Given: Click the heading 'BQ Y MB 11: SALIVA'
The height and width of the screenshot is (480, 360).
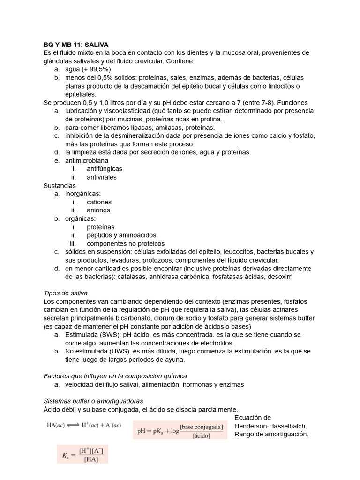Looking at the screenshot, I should point(75,45).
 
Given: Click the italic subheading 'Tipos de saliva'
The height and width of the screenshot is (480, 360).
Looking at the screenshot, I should point(65,293).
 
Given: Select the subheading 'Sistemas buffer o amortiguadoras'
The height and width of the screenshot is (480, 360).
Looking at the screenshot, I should point(93,401).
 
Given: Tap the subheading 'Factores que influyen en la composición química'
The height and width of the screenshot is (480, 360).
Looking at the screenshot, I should point(115,376).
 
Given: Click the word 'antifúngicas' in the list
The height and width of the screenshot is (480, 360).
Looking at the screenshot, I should point(105,169).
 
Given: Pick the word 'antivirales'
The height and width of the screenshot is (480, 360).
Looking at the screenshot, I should point(102,177).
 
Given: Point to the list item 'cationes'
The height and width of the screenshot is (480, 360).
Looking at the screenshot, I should point(99,202).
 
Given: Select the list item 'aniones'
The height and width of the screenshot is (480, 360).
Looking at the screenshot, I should point(98,210).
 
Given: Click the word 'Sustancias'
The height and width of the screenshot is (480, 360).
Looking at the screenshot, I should point(59,186).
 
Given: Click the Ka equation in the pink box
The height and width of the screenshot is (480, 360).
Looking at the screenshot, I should point(82,454).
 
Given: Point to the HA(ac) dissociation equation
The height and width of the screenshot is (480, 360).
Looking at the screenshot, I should point(84,425).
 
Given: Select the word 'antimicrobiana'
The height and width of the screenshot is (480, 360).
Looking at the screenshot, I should point(87,161).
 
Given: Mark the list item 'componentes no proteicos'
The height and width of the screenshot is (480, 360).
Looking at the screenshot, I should point(126,244).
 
